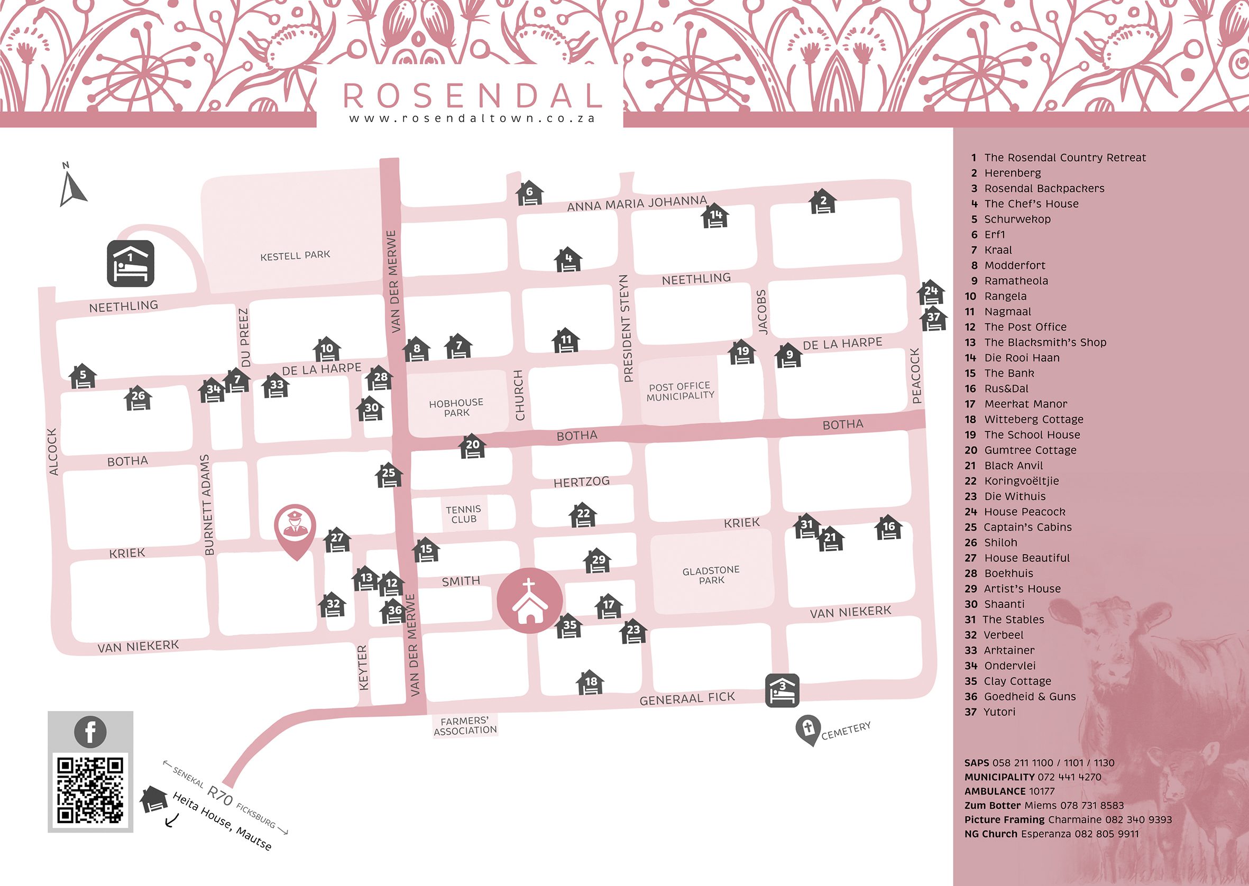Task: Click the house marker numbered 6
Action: (529, 193)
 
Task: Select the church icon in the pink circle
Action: (529, 601)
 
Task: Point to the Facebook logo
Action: (90, 731)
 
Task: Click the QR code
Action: (90, 789)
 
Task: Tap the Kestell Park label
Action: (295, 255)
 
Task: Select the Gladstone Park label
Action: (711, 575)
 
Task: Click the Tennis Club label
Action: (463, 514)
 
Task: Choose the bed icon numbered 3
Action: (782, 690)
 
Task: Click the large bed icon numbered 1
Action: (131, 263)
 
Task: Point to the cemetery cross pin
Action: (807, 728)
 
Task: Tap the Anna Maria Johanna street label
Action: (637, 203)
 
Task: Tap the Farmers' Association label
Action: (465, 726)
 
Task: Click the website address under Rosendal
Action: (472, 118)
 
